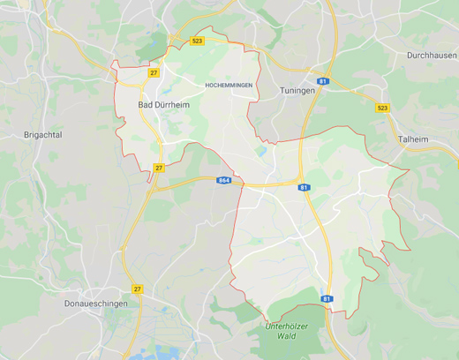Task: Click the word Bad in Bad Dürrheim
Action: [147, 104]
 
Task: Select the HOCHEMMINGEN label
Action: [229, 85]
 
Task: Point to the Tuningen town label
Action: [297, 91]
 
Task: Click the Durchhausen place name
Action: [432, 55]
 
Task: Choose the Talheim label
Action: [414, 139]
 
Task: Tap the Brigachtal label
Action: [44, 135]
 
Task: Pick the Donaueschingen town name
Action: [96, 304]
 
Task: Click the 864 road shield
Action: [224, 180]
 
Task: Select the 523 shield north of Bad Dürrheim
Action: [197, 41]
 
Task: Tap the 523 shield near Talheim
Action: [382, 108]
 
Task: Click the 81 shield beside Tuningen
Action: [323, 81]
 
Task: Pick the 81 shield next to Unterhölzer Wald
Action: [327, 299]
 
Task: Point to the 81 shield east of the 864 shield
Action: [305, 187]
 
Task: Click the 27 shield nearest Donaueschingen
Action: [138, 289]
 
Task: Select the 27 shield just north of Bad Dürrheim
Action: [154, 72]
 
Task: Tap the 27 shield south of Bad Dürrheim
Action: [159, 167]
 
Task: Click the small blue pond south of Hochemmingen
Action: [261, 150]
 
